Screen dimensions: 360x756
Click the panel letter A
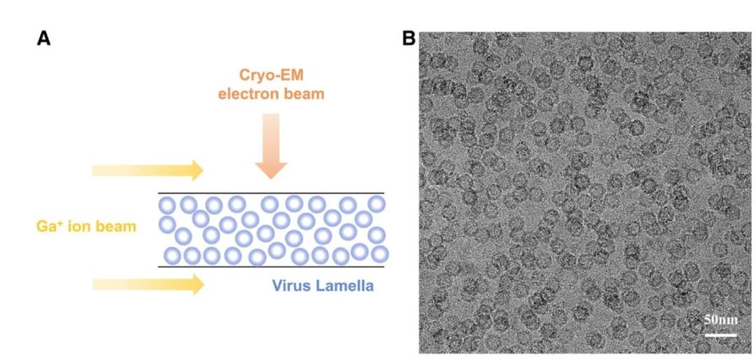pyautogui.click(x=43, y=39)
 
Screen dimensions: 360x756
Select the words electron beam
pyautogui.click(x=271, y=93)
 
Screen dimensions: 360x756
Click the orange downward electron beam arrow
pyautogui.click(x=271, y=150)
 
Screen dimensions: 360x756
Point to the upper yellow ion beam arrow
pyautogui.click(x=148, y=169)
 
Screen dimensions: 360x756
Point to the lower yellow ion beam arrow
pyautogui.click(x=148, y=284)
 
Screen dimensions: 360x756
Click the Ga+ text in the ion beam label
pyautogui.click(x=51, y=226)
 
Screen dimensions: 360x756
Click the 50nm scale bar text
pyautogui.click(x=720, y=320)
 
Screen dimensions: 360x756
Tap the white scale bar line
pyautogui.click(x=720, y=334)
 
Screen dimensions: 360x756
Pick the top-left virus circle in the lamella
pyautogui.click(x=167, y=205)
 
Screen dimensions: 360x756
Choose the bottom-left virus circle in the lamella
pyautogui.click(x=171, y=254)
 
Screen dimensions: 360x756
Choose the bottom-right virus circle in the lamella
pyautogui.click(x=379, y=253)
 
